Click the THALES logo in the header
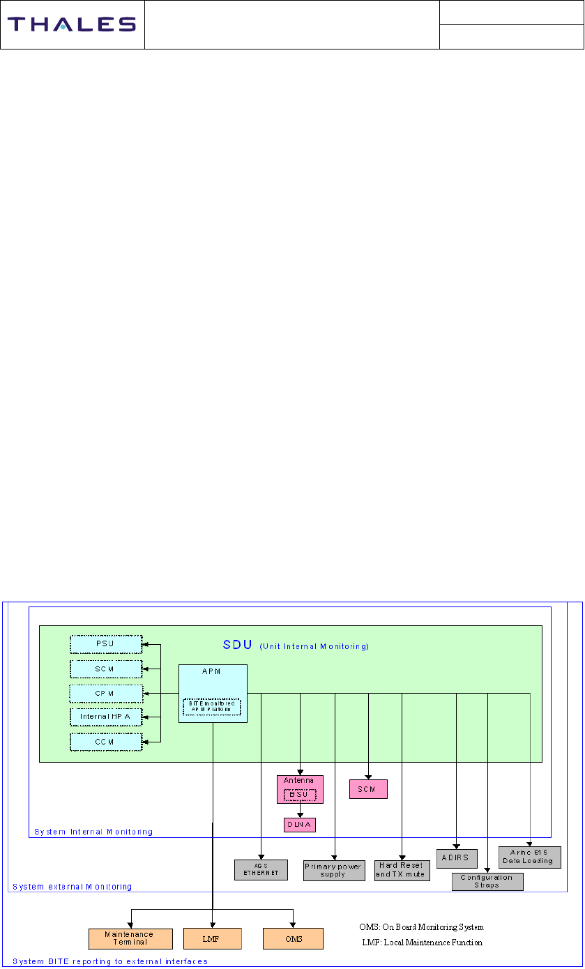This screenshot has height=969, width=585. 72,24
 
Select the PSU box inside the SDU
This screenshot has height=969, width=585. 106,643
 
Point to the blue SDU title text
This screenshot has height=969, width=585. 236,645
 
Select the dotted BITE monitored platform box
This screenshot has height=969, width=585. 211,706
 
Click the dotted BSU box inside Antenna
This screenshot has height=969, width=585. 300,794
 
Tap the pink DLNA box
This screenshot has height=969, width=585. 300,825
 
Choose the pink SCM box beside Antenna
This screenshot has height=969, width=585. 367,788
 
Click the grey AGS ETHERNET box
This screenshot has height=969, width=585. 261,869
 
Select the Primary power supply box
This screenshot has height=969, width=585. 334,871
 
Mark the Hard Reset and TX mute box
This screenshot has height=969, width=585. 401,870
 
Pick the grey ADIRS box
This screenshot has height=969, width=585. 456,857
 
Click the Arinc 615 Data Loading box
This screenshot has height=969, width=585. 530,857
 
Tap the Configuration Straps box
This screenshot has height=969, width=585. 487,881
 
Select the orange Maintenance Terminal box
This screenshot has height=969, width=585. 129,938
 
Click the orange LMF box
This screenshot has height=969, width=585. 212,938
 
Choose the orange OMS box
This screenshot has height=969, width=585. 293,938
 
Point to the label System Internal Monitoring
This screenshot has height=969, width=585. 93,832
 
